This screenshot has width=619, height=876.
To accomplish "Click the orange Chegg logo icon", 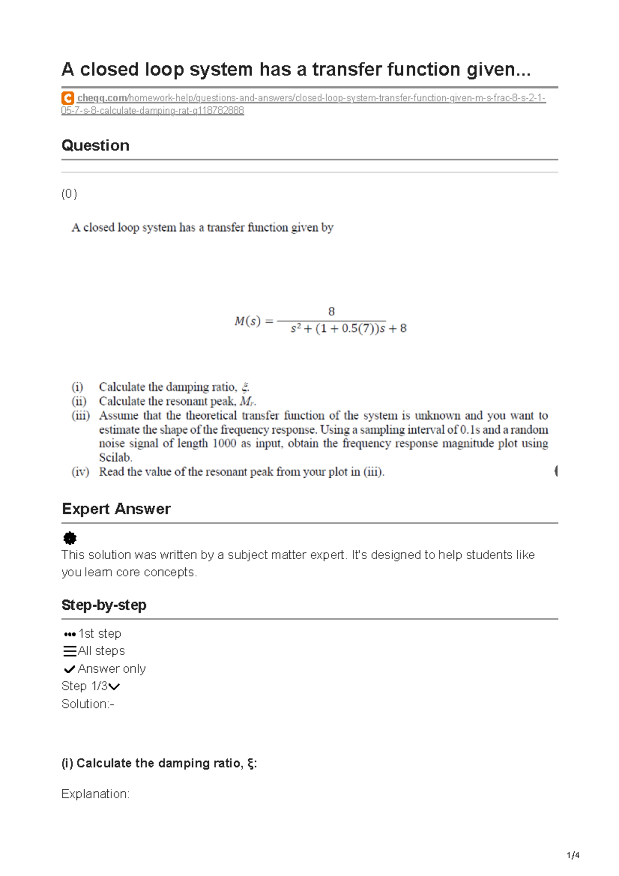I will point(68,98).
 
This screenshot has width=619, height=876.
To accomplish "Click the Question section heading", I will point(95,145).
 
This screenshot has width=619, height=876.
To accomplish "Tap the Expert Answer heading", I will point(116,509).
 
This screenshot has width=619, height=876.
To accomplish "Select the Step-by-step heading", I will point(104,605).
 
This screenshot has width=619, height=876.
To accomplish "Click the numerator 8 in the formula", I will point(331,311).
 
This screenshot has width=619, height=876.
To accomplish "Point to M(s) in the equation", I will point(248,321).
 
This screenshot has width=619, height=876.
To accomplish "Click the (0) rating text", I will point(69,194).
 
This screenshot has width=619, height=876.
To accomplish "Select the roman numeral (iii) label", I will point(80,415).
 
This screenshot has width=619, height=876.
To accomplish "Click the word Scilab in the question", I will point(116,458).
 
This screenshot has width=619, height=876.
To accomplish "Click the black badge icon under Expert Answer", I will point(70,539).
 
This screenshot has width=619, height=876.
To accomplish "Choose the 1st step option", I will point(93,634).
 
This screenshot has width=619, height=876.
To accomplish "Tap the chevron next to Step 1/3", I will point(115,686).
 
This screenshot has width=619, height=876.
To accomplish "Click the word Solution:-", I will point(88,704).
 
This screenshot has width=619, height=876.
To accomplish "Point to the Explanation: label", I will point(95,794).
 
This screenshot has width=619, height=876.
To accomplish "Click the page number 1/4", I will point(573,855).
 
